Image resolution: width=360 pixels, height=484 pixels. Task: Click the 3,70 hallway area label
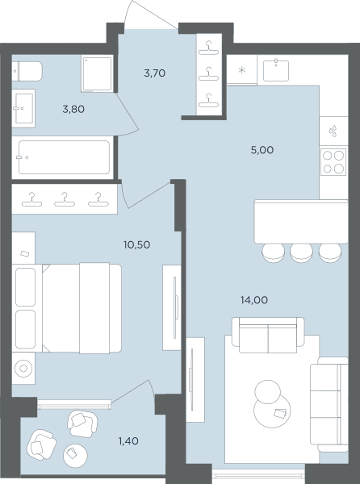coord(155,73)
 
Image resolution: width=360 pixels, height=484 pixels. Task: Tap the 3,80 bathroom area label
coord(73,109)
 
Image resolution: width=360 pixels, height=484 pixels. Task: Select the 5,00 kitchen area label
coord(262,150)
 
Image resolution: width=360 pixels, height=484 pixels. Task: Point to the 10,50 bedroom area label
coord(136,244)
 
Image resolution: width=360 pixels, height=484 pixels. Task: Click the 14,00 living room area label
coord(254,300)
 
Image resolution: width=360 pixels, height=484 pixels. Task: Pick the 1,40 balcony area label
coord(128,441)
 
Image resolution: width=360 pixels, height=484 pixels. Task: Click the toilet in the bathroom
coord(27,71)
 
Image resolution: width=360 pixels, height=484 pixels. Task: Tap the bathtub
coord(64,157)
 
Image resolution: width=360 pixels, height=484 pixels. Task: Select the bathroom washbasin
coord(23,108)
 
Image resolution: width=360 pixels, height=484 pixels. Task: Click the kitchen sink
coord(276,71)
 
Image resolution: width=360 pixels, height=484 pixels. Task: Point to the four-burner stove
coord(333,162)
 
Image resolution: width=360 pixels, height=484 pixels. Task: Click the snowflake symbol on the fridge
coord(242,70)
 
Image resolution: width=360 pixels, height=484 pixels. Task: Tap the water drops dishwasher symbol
coord(333,131)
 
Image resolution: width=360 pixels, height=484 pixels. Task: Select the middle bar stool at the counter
coord(301,253)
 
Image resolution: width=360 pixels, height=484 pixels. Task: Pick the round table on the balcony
coord(75,456)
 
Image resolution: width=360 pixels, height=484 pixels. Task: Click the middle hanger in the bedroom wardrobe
coord(65,199)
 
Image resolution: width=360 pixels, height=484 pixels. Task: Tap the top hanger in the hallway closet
coord(209,48)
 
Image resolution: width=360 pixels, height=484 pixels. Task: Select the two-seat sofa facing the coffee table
coord(268,336)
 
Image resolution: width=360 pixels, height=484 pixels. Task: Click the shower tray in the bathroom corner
coord(97,74)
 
